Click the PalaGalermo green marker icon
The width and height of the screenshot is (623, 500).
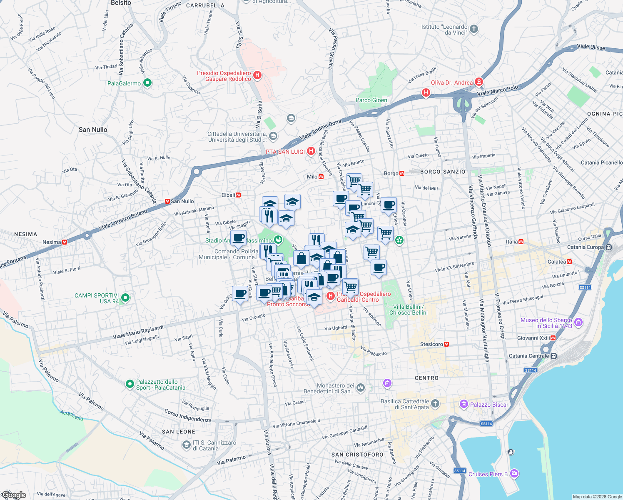point(147,83)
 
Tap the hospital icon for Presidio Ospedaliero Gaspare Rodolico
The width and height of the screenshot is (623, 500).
point(257,75)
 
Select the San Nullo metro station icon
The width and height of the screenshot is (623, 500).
point(167,201)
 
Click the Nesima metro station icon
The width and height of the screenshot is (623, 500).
point(65,242)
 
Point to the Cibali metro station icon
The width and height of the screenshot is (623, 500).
point(238,195)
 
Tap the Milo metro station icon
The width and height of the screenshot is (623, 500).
point(321,177)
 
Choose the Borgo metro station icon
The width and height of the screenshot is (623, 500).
point(402,173)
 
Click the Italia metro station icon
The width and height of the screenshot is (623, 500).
point(521,242)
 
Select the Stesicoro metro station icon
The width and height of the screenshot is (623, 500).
point(446,344)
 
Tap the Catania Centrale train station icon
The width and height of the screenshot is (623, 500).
point(553,356)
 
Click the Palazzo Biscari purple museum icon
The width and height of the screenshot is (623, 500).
point(464,404)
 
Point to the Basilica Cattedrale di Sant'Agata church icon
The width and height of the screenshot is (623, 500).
point(435,403)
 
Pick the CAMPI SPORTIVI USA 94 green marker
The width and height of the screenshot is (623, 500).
point(125,297)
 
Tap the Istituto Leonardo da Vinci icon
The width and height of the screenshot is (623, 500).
point(474,29)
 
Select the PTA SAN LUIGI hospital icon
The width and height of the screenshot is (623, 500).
point(311,151)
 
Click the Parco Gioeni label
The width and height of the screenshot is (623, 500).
point(372,100)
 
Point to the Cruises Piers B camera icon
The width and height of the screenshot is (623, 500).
point(514,473)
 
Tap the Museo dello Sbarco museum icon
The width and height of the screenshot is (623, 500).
point(578,322)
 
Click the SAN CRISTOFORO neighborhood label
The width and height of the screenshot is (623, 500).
point(357,455)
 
